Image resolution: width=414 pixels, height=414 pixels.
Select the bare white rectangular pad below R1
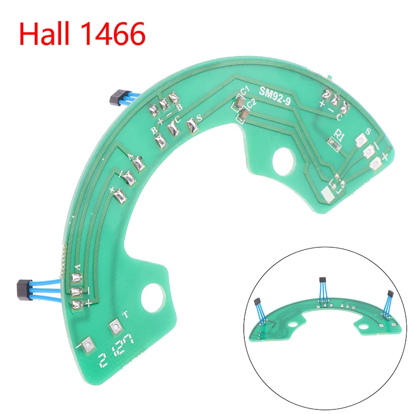click(x=328, y=195)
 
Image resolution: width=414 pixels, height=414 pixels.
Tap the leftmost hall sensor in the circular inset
click(x=257, y=302)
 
